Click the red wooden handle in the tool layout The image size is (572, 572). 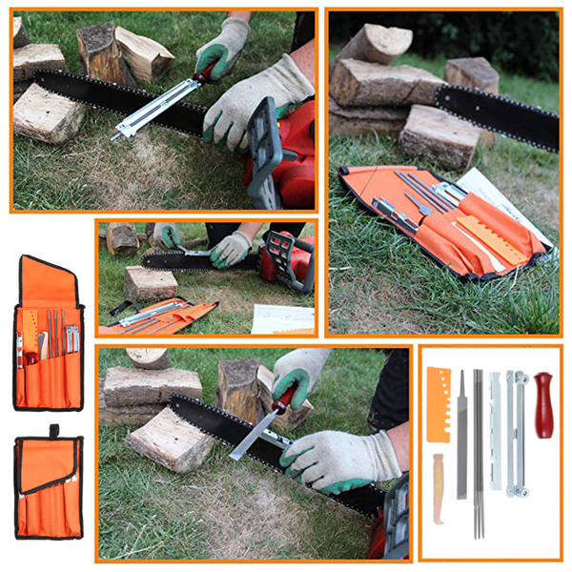pyautogui.click(x=543, y=404)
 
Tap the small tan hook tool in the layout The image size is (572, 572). pyautogui.click(x=438, y=487)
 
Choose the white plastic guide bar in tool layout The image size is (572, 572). pyautogui.click(x=495, y=429)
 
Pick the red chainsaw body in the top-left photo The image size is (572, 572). pyautogui.click(x=286, y=153)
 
